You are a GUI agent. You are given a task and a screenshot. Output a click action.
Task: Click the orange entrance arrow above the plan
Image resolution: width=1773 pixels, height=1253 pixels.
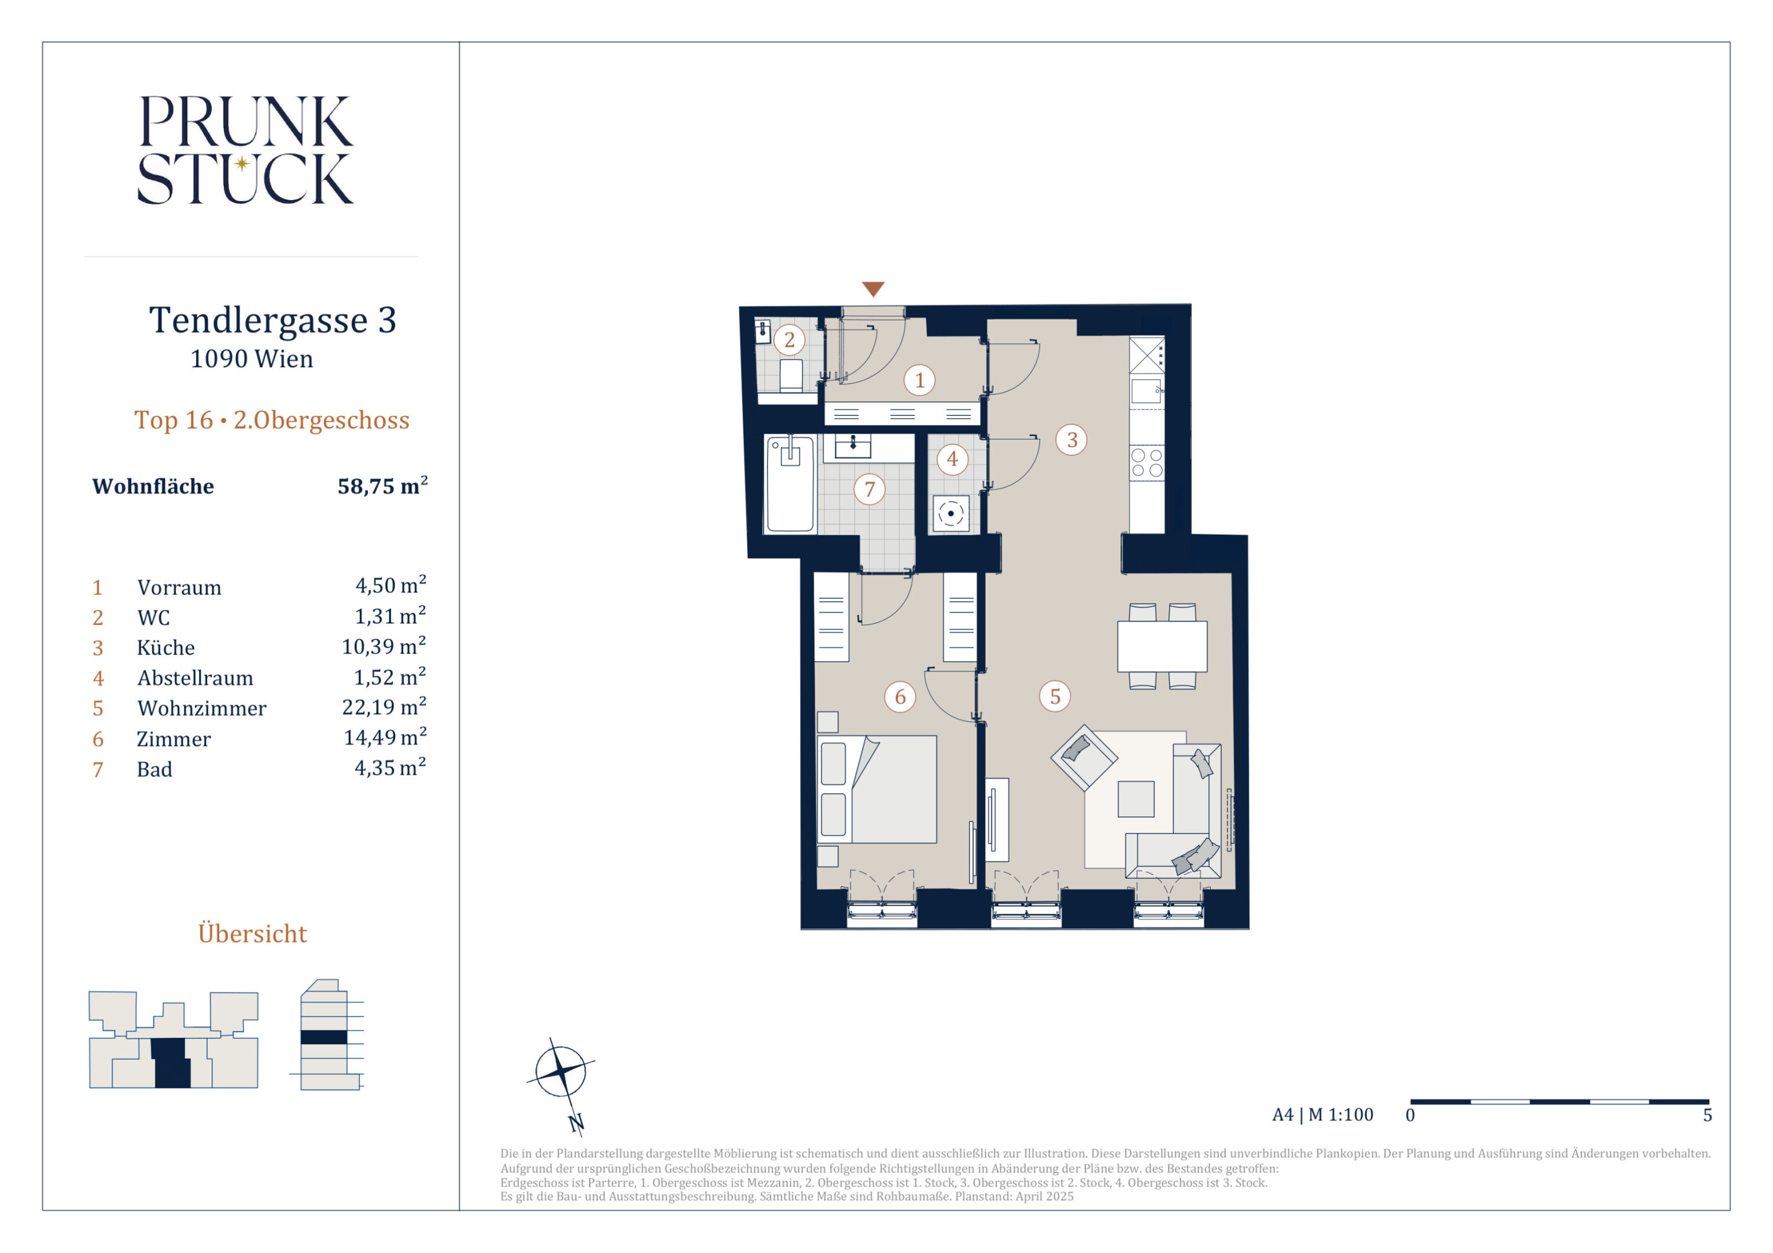point(873,289)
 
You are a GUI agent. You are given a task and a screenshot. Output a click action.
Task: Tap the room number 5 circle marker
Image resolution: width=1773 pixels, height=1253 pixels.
point(1055,696)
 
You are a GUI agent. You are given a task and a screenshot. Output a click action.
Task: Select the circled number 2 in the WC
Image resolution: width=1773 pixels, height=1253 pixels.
point(789,340)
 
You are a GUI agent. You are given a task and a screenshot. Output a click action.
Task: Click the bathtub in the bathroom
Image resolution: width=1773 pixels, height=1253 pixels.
point(790,484)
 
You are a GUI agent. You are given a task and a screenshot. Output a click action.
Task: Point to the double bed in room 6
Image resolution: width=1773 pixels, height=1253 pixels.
point(877,789)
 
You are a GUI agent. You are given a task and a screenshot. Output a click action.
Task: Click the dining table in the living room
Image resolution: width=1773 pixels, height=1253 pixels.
point(1162,646)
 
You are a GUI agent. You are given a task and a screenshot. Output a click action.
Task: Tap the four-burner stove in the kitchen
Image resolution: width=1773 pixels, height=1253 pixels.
point(1147,462)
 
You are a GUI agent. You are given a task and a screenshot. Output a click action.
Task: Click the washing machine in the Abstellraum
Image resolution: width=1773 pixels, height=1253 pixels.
point(951,513)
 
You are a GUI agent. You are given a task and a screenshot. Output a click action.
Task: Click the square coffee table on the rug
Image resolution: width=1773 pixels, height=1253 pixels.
point(1136,799)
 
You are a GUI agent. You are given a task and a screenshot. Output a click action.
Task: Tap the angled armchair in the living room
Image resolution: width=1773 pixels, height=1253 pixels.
point(1084,758)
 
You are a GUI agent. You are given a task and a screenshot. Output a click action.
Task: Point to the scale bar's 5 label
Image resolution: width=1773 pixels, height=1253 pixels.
point(1707,1115)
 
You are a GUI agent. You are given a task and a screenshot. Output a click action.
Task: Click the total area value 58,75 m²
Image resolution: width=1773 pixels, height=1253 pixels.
point(382,486)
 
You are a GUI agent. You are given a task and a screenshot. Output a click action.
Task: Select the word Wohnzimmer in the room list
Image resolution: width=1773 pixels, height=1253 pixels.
point(201,708)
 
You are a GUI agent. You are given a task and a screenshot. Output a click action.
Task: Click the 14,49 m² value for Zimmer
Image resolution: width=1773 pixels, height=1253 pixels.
point(385,737)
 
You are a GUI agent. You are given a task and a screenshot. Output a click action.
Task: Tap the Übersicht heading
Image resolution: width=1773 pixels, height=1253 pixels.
point(252,933)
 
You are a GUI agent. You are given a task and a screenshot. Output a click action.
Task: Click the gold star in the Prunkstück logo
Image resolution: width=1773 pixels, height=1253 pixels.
point(242,163)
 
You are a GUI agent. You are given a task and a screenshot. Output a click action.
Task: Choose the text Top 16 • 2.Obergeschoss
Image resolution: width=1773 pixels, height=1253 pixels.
point(272,420)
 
